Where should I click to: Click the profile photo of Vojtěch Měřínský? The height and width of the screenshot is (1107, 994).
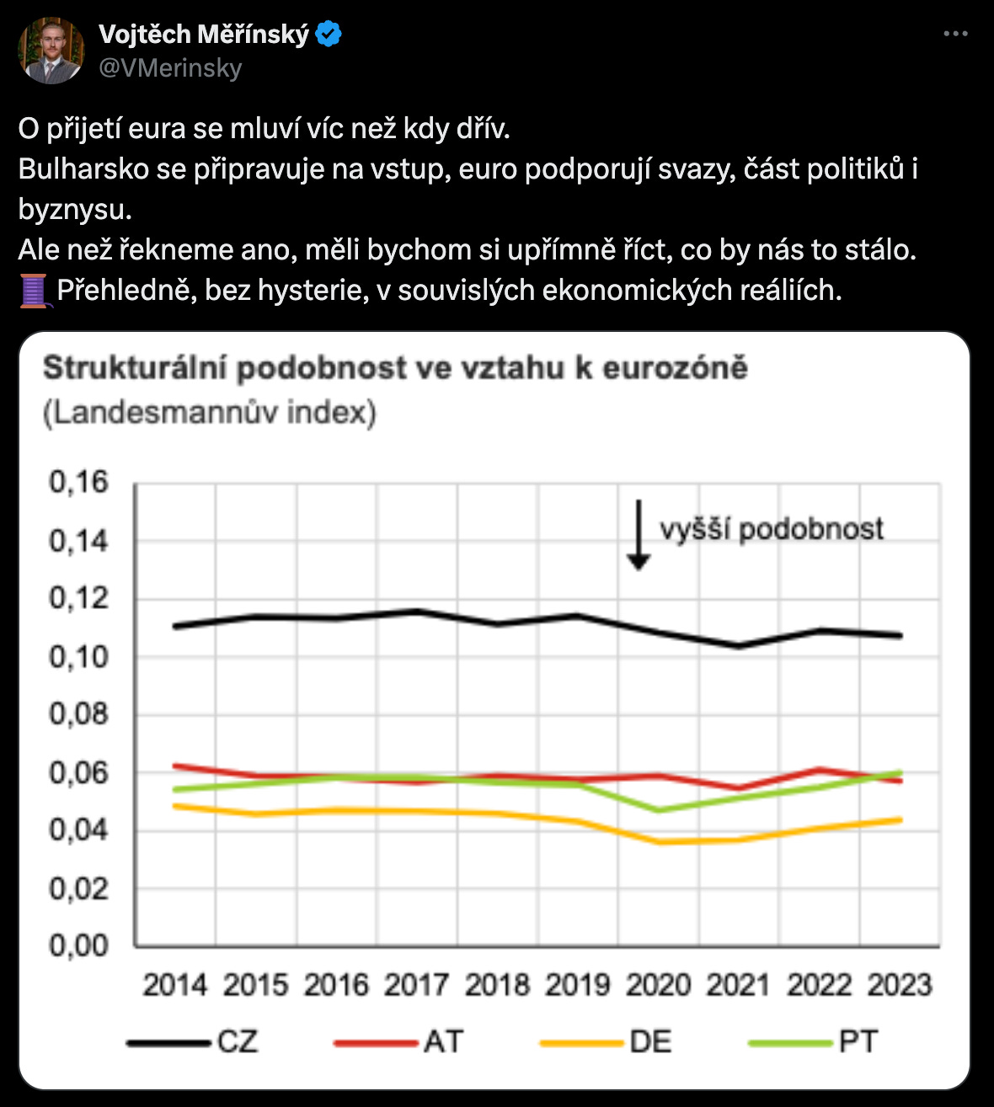point(51,51)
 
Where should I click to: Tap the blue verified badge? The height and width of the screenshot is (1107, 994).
point(329,35)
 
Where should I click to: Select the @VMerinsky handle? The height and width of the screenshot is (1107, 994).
point(170,68)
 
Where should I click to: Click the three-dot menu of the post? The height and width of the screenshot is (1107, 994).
point(955,35)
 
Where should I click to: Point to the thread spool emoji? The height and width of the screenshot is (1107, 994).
point(35,291)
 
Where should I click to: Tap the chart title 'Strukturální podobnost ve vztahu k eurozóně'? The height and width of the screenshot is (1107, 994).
point(395,368)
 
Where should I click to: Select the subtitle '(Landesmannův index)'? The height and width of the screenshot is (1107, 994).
point(210,413)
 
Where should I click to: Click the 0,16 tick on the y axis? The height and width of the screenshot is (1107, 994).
point(79,482)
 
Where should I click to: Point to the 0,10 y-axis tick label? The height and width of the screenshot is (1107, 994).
point(79,656)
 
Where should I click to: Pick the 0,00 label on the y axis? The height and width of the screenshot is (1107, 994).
point(79,946)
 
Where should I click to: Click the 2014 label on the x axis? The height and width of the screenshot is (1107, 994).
point(174,985)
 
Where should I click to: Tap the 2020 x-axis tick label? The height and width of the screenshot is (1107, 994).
point(658,985)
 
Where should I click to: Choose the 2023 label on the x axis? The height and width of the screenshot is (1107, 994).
point(900,985)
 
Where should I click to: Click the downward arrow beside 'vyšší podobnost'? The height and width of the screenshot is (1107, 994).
point(639,534)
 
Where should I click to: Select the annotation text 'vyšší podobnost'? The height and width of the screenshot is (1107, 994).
point(772,529)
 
